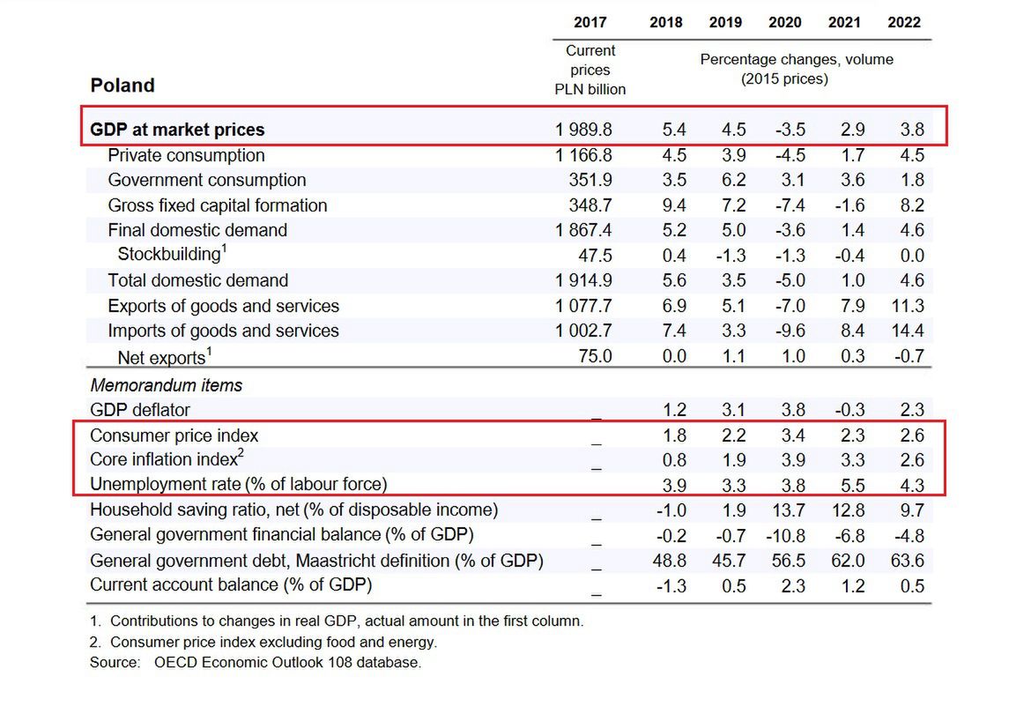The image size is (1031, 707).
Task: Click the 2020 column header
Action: tap(784, 22)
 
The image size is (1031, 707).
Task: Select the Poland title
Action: tap(122, 86)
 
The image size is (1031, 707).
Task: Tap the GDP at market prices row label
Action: tap(177, 130)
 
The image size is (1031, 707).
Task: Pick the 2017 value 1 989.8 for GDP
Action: tap(583, 130)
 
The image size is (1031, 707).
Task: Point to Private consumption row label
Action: tap(186, 155)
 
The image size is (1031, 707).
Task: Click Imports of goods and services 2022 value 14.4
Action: tap(907, 331)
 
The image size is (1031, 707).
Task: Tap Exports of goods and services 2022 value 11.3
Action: tap(907, 306)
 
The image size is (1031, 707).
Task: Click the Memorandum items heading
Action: tap(166, 385)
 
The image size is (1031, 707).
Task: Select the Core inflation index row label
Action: tap(166, 459)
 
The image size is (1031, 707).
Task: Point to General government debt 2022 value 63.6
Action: tap(907, 561)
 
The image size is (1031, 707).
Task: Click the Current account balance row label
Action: tap(231, 585)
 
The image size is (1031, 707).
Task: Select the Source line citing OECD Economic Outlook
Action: tap(256, 662)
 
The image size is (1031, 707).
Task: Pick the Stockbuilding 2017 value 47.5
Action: tap(592, 256)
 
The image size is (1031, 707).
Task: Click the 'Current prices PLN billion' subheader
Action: tap(590, 70)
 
